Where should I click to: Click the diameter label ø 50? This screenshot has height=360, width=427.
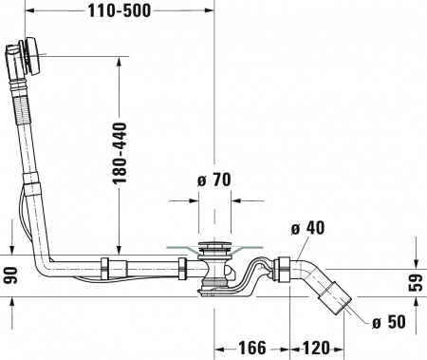tap(388, 322)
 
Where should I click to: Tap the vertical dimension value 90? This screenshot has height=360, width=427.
tap(10, 276)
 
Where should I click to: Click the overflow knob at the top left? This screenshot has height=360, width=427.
tap(31, 55)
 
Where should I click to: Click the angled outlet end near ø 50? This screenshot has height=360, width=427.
tap(338, 304)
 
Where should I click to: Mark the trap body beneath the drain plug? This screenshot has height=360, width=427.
tap(215, 281)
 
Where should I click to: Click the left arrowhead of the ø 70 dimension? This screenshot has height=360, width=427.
tap(195, 202)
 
